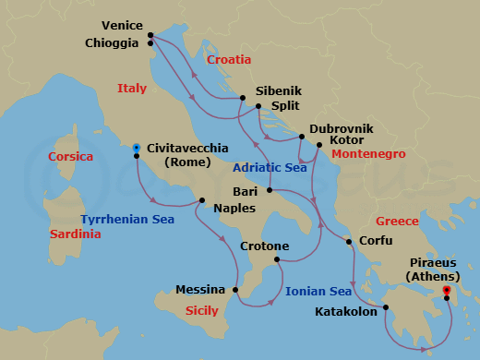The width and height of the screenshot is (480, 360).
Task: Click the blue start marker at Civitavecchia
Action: (137, 147)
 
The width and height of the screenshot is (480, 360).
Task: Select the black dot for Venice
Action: (150, 36)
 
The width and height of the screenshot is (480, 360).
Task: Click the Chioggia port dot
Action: (150, 42)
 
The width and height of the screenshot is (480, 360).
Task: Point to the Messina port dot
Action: (237, 289)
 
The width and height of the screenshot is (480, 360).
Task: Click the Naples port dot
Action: (202, 200)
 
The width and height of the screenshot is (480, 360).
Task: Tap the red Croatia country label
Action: (229, 60)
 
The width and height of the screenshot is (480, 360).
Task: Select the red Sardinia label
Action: (76, 234)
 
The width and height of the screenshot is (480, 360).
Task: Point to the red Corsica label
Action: (71, 157)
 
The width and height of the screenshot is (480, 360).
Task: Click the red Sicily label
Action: (202, 311)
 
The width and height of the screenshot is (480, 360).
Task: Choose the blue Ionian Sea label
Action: (318, 292)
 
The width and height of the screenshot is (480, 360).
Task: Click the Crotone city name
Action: (265, 247)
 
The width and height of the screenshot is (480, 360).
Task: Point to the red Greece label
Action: (397, 222)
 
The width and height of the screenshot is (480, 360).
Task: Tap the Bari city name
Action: (246, 191)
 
